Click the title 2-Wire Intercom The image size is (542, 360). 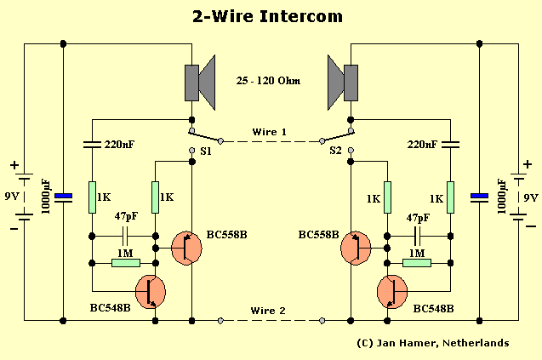[270, 15]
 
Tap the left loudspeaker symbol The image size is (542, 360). [197, 83]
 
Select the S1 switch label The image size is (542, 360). [205, 151]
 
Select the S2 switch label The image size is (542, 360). [336, 151]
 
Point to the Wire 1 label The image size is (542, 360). [270, 132]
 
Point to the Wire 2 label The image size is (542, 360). [270, 311]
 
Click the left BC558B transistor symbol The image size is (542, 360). [186, 248]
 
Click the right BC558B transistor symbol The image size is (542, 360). [355, 248]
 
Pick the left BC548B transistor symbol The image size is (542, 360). [151, 291]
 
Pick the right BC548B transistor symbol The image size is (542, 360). [391, 291]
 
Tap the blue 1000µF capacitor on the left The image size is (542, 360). [63, 197]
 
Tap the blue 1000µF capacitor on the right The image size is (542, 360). [480, 197]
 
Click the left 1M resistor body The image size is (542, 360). [125, 263]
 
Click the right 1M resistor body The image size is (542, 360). [417, 263]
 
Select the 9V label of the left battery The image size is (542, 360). [12, 197]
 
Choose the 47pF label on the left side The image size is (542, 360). [126, 217]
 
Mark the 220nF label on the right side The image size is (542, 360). [422, 146]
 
